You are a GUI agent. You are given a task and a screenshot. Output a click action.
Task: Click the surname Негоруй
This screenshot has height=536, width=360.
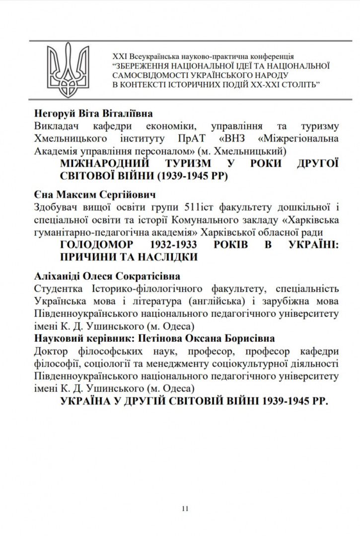click(53, 113)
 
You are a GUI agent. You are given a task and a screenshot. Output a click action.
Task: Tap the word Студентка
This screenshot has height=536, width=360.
click(59, 289)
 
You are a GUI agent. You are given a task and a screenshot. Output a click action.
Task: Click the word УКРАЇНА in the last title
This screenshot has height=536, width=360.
click(91, 401)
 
